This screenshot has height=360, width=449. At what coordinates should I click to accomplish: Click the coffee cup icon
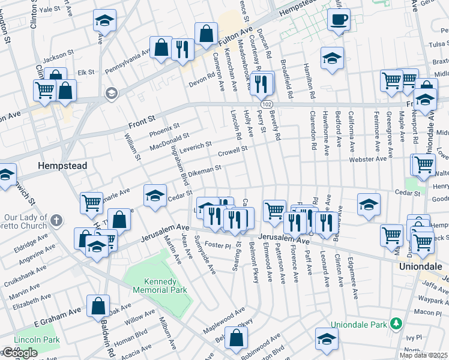(339, 19)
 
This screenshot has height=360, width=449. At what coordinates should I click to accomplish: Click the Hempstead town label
(62, 165)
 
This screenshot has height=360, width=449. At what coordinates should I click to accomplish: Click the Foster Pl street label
(218, 245)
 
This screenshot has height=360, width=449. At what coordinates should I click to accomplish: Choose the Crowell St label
(232, 151)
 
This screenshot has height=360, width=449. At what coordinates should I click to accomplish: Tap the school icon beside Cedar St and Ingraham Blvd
(155, 195)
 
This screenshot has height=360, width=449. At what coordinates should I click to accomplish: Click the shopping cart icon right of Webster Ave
(424, 164)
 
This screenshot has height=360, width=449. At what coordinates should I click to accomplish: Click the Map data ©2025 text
(424, 355)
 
